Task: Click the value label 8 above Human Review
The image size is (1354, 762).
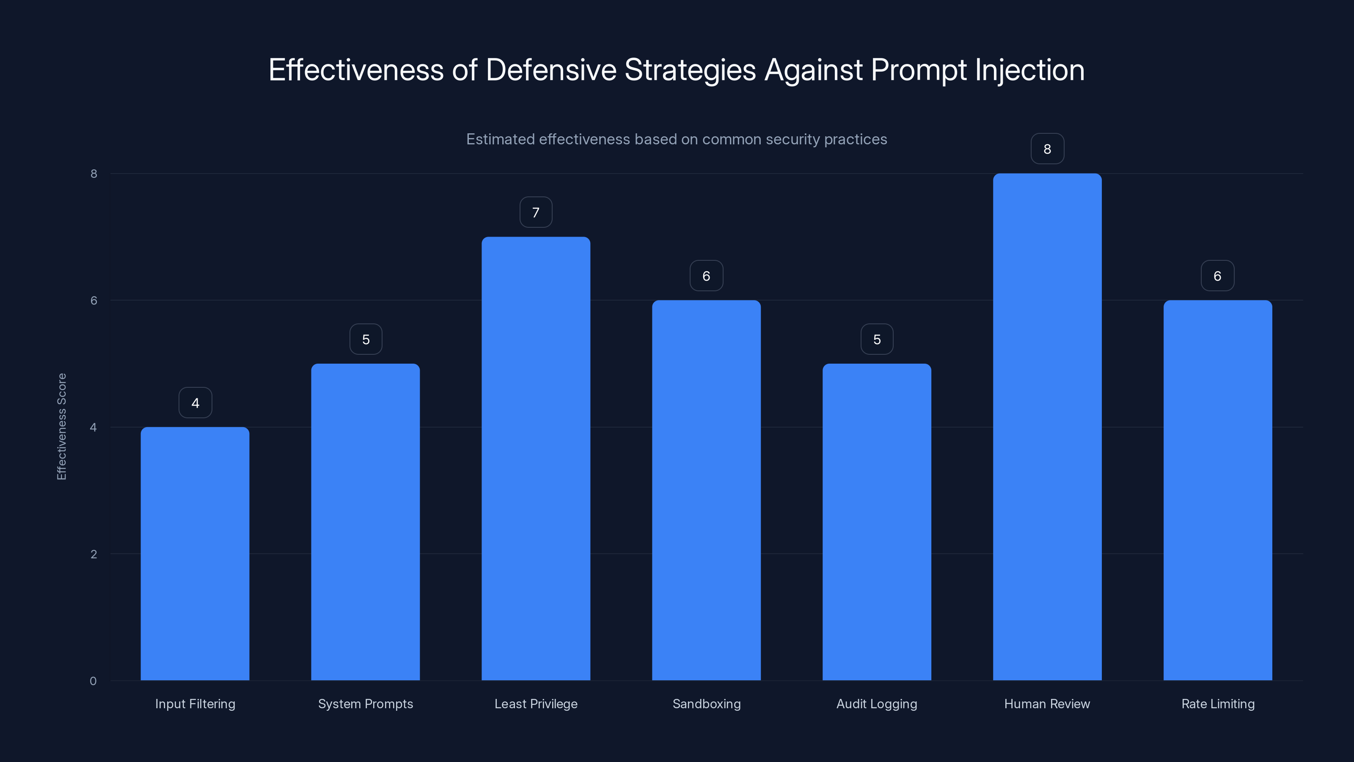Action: tap(1047, 149)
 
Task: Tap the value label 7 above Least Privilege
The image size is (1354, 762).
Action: tap(536, 213)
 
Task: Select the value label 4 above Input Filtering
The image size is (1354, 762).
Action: tap(195, 403)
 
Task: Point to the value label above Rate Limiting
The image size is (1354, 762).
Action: tap(1217, 276)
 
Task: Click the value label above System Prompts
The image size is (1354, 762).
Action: tap(366, 339)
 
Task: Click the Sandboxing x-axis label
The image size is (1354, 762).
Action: tap(707, 704)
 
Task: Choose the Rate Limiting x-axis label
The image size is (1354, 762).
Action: tap(1217, 704)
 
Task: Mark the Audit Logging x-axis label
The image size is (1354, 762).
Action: tap(876, 704)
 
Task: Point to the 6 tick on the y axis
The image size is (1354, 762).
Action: tap(94, 300)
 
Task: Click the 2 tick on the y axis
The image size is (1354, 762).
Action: tap(94, 554)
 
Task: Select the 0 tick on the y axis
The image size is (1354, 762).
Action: tap(93, 681)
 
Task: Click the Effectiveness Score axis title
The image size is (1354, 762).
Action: tap(61, 426)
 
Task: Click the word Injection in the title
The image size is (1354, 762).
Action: tap(1030, 70)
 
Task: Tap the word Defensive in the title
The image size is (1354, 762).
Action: tap(550, 70)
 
